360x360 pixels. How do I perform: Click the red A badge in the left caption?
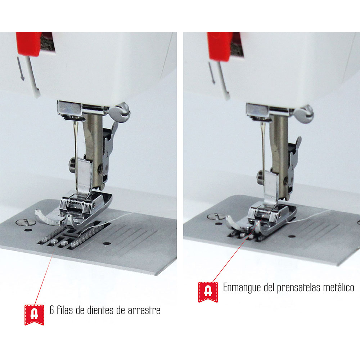[x=34, y=314]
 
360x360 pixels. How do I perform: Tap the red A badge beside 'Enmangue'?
[x=208, y=291]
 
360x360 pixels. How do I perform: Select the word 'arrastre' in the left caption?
[x=144, y=310]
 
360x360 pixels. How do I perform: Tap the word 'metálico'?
[x=338, y=288]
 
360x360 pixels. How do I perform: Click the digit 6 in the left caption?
[x=52, y=310]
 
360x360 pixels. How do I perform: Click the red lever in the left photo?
[x=29, y=43]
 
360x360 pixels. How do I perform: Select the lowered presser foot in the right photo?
[x=266, y=216]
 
